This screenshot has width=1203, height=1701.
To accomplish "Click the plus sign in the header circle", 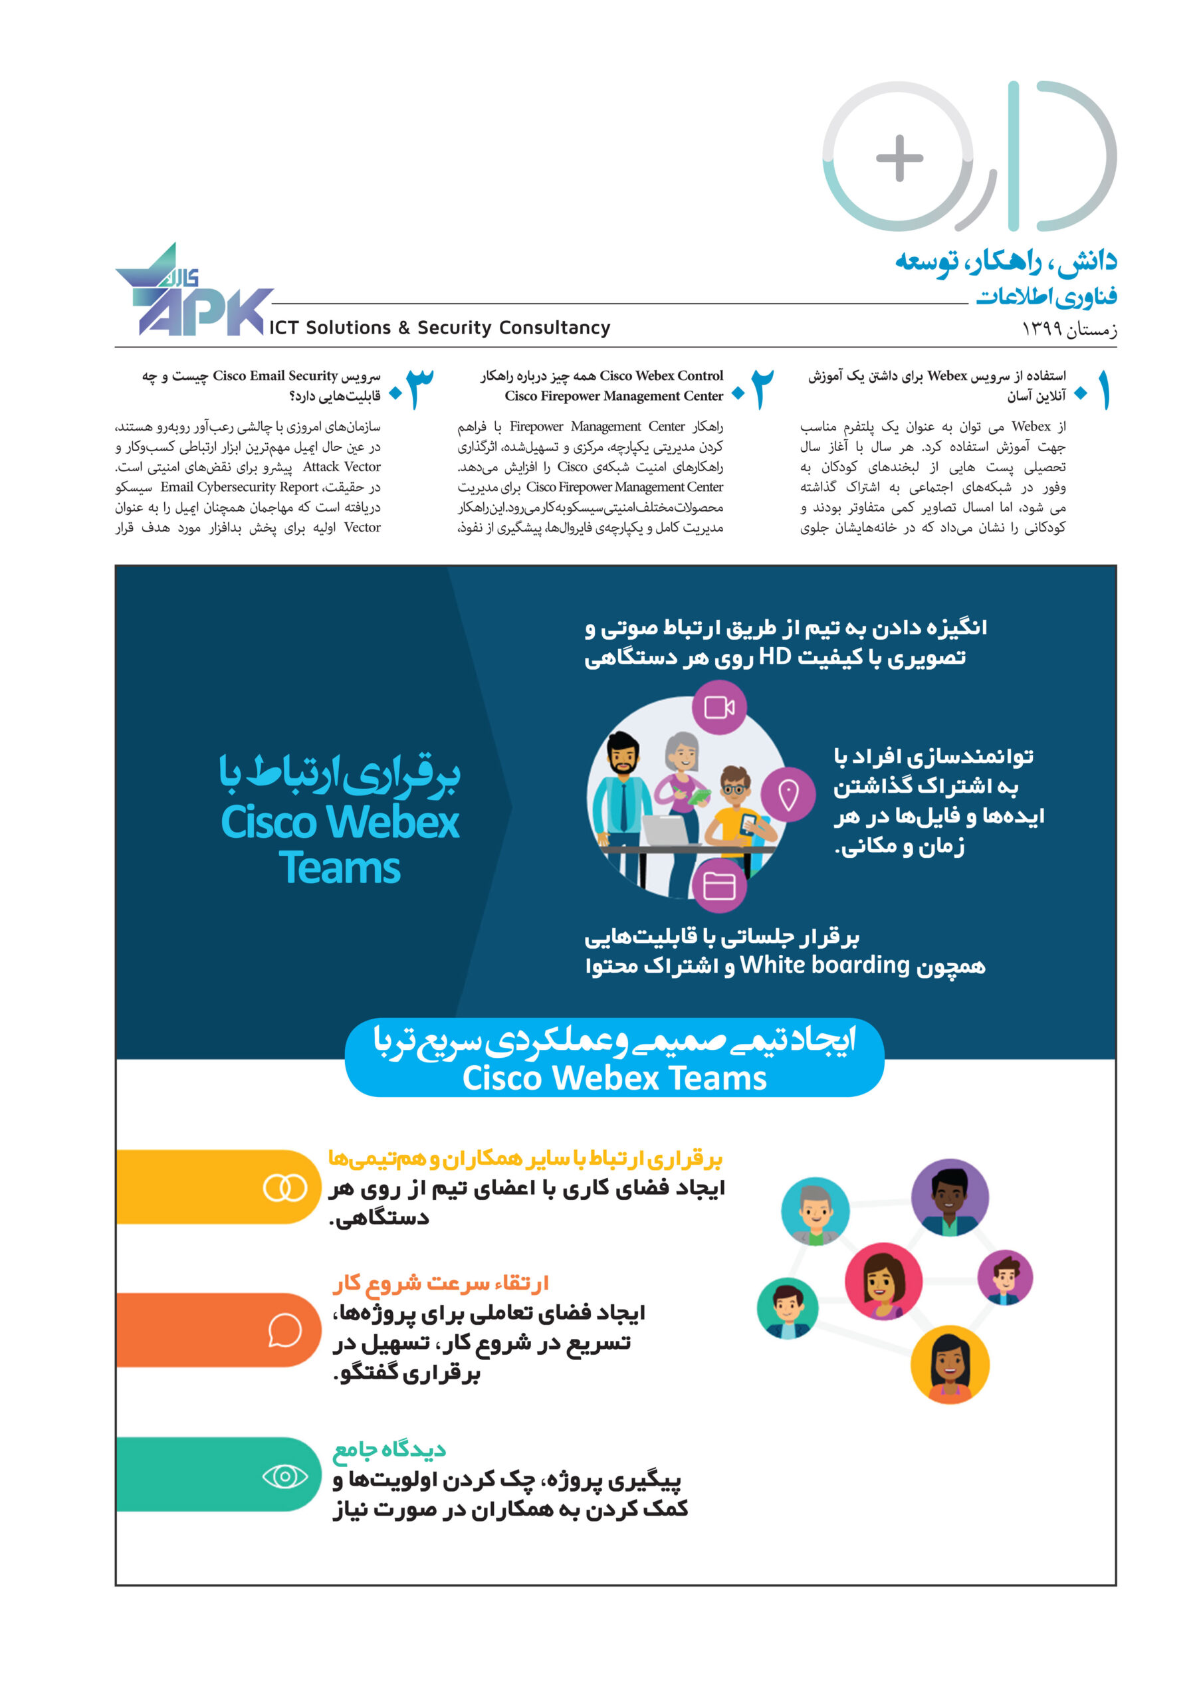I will tap(899, 157).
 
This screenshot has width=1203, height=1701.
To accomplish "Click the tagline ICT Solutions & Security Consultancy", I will tap(439, 328).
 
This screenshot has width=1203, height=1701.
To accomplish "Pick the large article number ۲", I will tap(762, 388).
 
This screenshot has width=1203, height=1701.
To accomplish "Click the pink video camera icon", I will tap(718, 708).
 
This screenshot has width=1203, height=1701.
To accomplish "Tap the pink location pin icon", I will tap(788, 794).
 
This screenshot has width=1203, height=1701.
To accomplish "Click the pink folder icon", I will tap(718, 885).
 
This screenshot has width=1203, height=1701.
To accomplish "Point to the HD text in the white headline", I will tap(774, 656).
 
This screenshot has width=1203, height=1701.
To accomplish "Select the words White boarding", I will tap(824, 965).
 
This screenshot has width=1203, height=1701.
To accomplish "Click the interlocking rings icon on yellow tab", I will tap(284, 1187).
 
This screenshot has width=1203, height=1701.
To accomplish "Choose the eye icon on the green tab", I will tap(284, 1476).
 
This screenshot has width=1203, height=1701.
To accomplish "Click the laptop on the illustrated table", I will tap(671, 829).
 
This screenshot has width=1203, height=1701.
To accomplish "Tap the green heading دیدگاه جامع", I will tap(389, 1449).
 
